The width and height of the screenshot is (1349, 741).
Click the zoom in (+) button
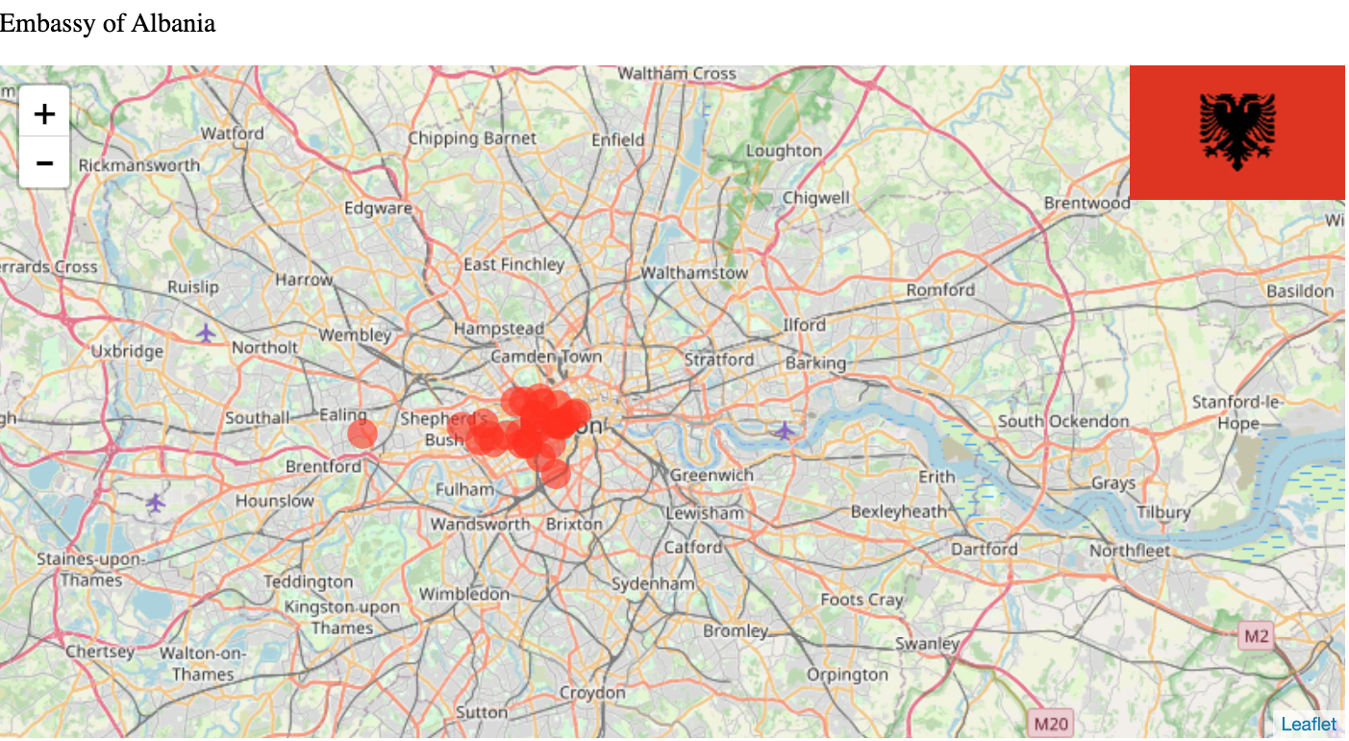click(x=44, y=113)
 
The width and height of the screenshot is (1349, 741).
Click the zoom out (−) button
click(x=44, y=162)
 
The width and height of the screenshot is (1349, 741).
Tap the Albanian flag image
click(x=1237, y=133)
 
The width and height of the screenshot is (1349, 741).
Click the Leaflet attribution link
click(x=1308, y=724)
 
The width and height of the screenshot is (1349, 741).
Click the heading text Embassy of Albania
click(x=108, y=23)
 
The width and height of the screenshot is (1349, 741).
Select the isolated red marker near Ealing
click(x=362, y=433)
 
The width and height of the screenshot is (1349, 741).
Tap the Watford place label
click(x=232, y=134)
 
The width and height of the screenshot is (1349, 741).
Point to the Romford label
click(x=940, y=289)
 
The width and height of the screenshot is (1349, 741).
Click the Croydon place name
click(x=592, y=692)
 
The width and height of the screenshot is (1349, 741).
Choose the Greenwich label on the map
click(x=712, y=475)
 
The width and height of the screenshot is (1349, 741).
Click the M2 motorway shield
click(x=1256, y=636)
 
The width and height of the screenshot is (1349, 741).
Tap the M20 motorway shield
click(x=1050, y=722)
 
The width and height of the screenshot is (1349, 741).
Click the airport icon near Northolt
click(x=206, y=333)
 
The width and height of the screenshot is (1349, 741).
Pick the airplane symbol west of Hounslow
click(x=156, y=502)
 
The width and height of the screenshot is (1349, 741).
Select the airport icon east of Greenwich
click(x=785, y=431)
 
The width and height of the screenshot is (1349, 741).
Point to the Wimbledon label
click(x=463, y=594)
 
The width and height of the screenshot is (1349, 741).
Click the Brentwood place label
click(x=1087, y=203)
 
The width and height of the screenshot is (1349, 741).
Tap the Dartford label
click(x=984, y=549)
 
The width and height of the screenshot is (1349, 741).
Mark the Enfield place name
click(x=617, y=139)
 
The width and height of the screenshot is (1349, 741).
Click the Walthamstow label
click(x=693, y=273)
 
